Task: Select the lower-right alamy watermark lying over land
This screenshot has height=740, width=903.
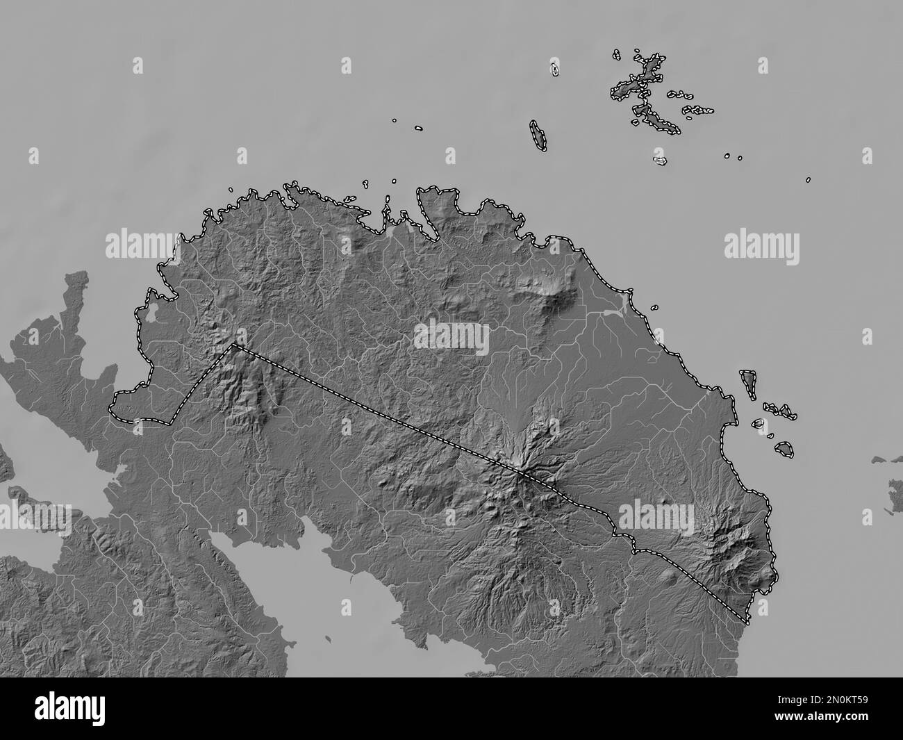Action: pos(656,515)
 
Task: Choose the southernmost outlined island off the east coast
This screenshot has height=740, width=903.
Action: pos(785,450)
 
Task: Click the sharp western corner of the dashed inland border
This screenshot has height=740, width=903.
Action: pos(234,344)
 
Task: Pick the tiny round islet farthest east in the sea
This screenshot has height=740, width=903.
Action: pos(809,180)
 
